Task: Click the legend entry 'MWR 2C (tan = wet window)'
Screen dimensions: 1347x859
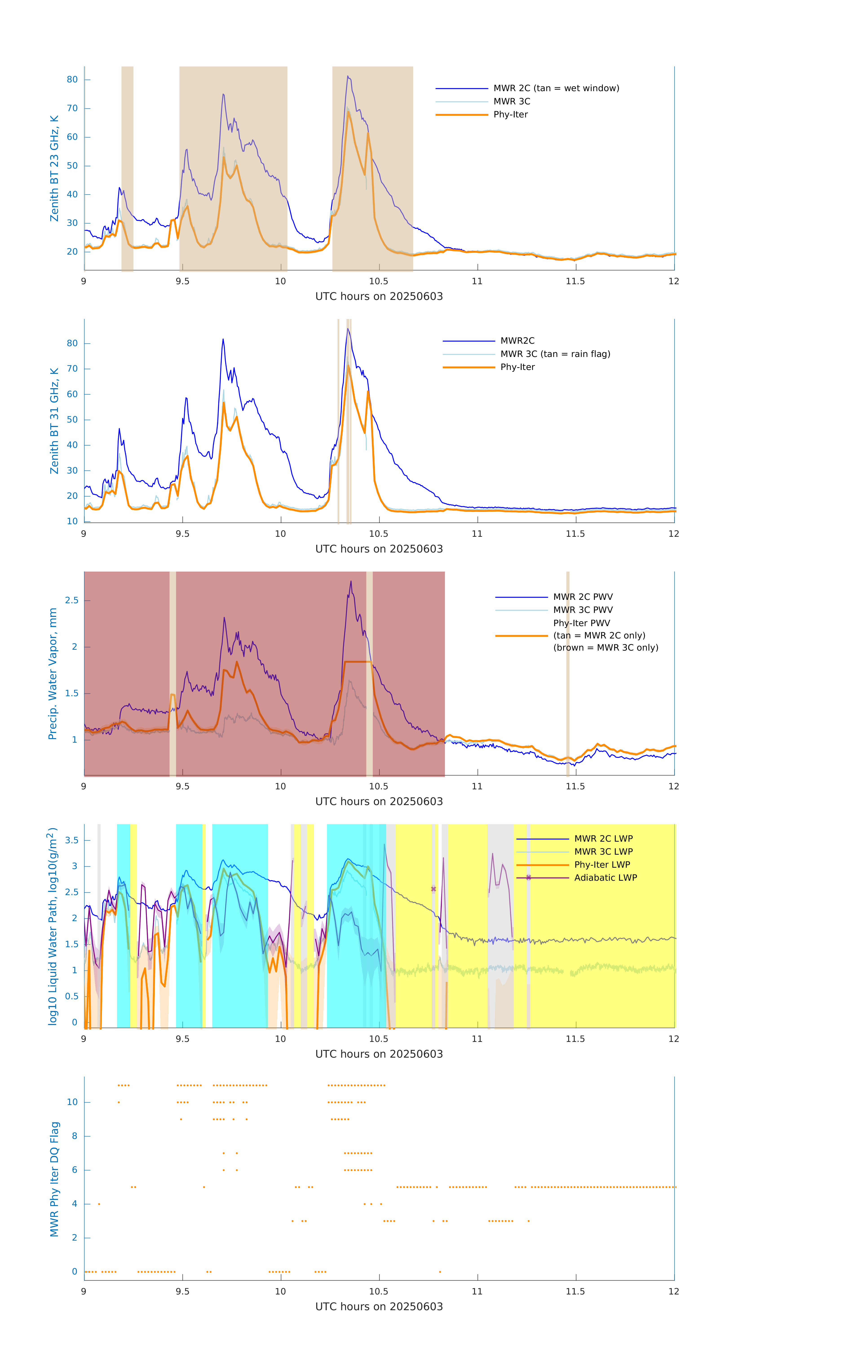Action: pos(556,88)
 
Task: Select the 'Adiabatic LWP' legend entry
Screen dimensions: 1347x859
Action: pos(605,878)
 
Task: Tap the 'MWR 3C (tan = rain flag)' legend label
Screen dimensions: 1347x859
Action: pos(554,354)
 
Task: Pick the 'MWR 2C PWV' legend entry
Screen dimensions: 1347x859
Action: pos(583,597)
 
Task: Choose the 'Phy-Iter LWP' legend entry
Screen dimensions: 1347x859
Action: pos(602,865)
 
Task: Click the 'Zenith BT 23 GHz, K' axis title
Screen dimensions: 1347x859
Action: pos(54,168)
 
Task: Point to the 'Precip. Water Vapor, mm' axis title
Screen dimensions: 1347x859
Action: pos(53,674)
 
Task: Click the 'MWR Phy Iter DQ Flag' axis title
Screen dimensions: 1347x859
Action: pos(54,1179)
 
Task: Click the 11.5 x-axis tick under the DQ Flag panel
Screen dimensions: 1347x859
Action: pos(575,1292)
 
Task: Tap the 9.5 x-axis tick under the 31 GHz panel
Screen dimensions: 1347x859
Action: pos(182,534)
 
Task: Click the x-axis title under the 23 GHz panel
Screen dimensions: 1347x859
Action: pos(379,297)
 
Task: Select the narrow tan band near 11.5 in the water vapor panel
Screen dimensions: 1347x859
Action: pos(568,674)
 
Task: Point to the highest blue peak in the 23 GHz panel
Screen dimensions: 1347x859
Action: pos(347,77)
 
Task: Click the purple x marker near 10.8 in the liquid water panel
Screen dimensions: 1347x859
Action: pos(433,889)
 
